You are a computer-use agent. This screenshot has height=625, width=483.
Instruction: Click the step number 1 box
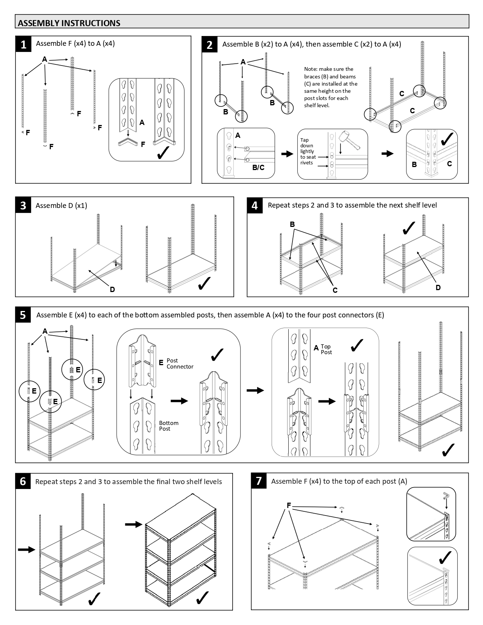click(23, 44)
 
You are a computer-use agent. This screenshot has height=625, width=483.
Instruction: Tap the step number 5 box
click(23, 315)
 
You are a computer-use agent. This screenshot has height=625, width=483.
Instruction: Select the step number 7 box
click(259, 481)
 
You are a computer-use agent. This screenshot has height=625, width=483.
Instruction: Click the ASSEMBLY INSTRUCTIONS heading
click(69, 23)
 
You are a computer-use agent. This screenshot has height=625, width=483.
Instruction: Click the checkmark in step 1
click(162, 152)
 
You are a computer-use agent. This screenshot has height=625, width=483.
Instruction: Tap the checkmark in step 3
click(205, 283)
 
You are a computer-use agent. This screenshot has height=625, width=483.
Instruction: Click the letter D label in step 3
click(112, 290)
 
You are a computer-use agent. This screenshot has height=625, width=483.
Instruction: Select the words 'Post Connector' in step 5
click(180, 364)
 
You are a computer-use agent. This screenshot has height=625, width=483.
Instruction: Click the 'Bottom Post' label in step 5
click(169, 426)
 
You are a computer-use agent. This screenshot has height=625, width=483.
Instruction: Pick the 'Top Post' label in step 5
click(326, 349)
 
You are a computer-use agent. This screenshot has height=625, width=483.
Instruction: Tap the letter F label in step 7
click(289, 506)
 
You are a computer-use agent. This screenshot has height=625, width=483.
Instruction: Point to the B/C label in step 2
click(258, 167)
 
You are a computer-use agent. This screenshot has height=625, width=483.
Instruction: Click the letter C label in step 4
click(335, 291)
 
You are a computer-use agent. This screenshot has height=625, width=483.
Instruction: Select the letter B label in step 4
click(292, 224)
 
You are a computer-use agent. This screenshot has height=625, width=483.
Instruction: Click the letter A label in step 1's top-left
click(45, 59)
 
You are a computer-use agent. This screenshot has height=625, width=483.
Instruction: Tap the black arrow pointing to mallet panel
click(287, 154)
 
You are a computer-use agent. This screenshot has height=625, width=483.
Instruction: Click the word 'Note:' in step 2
click(311, 69)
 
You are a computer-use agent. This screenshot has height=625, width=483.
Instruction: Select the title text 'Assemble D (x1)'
click(61, 205)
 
